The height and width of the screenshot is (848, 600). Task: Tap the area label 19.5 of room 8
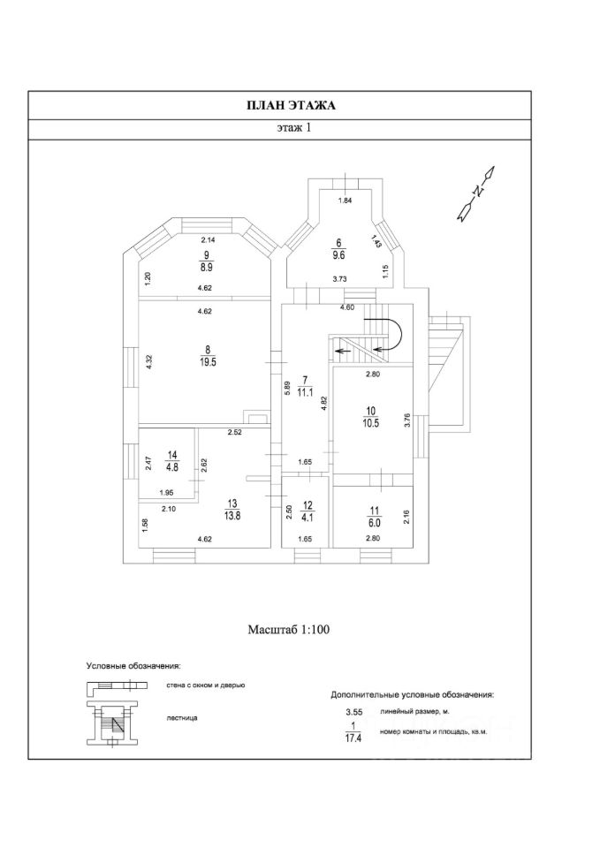tap(208, 361)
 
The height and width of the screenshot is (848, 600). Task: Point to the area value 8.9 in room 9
tap(206, 265)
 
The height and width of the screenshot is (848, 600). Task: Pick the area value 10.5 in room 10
tap(372, 423)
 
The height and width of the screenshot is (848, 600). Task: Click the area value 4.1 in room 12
tap(307, 520)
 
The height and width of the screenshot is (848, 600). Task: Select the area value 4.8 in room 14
tap(173, 469)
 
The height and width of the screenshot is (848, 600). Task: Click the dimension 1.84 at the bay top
tap(346, 201)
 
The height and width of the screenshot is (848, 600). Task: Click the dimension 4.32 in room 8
tap(150, 363)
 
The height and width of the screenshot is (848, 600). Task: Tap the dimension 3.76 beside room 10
tap(407, 421)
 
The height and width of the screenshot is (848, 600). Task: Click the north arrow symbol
tap(476, 192)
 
